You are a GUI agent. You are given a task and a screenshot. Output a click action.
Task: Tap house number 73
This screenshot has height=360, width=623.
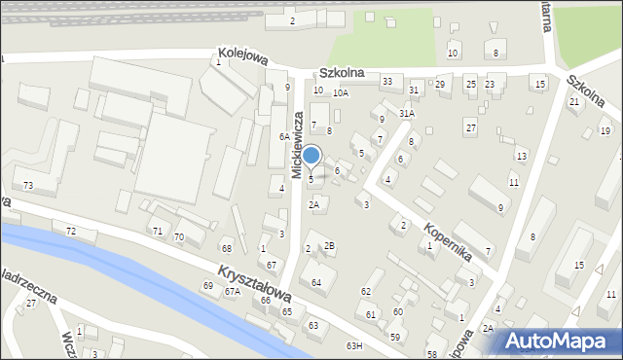[28, 185]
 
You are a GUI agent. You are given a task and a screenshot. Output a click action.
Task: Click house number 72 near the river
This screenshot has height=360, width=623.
[70, 231]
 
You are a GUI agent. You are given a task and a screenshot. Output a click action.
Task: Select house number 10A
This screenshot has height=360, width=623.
[340, 93]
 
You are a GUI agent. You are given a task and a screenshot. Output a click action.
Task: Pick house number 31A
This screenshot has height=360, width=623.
[407, 113]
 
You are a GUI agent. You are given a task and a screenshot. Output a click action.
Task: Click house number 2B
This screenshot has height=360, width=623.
[330, 245]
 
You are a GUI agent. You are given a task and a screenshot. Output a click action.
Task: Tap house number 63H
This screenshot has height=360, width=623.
[353, 345]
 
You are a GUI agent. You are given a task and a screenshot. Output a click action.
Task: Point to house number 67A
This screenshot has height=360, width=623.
[232, 291]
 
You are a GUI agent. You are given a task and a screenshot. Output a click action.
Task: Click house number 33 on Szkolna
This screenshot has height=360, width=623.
[386, 81]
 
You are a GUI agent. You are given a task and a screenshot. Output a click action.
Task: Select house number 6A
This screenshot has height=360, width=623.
[283, 137]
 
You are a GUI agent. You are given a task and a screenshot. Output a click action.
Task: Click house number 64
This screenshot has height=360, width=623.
[316, 282]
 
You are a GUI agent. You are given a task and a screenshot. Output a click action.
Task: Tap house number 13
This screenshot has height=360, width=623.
[522, 156]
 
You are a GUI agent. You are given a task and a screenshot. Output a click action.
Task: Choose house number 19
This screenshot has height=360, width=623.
[605, 131]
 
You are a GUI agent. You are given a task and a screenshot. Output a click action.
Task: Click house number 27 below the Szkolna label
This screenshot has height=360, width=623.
[470, 127]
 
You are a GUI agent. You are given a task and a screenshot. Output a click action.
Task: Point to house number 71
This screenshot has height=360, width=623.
[157, 231]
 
